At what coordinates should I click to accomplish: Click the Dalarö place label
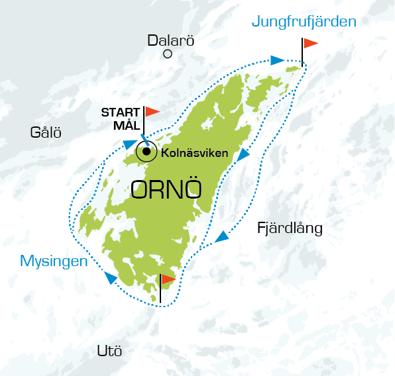click(171, 40)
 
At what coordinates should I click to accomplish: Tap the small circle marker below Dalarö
click(168, 54)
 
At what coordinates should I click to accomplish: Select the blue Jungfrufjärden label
click(304, 22)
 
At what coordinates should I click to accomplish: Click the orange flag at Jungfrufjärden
click(310, 44)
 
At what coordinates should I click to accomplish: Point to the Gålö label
click(46, 132)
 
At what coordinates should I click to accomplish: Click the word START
click(120, 112)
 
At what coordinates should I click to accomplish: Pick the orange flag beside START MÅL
click(152, 111)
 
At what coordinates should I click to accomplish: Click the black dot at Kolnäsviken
click(146, 152)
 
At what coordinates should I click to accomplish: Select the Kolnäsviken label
click(195, 153)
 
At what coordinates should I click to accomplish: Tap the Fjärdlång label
click(289, 229)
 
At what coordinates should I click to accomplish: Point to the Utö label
click(109, 350)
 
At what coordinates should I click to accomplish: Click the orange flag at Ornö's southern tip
click(168, 279)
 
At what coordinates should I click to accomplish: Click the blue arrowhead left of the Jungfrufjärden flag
click(277, 60)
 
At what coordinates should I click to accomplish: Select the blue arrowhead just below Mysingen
click(108, 279)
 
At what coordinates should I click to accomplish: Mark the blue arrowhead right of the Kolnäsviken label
click(243, 155)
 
